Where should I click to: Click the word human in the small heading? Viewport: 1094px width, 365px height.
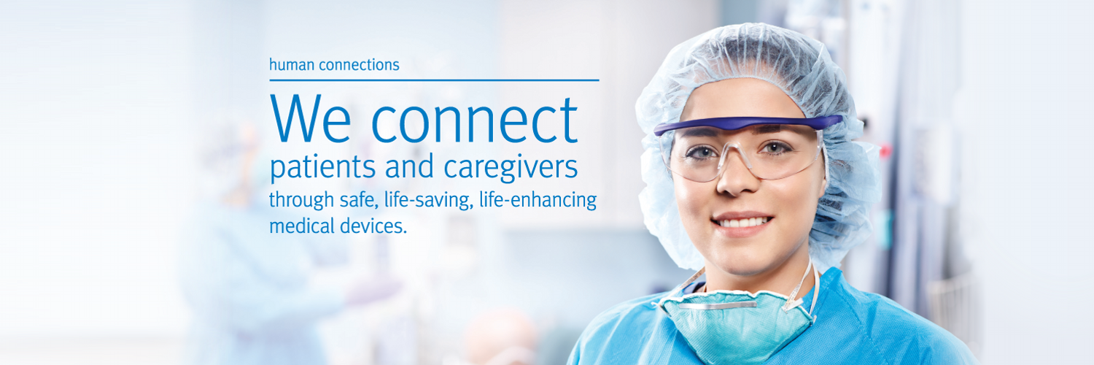(292, 64)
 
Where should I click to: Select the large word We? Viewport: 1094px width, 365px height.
(311, 118)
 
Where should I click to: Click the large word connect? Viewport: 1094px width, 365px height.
(475, 119)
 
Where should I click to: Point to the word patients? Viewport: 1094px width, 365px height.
(322, 168)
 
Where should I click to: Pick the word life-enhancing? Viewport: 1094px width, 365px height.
(538, 200)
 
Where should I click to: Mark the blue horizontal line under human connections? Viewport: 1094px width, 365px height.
(434, 80)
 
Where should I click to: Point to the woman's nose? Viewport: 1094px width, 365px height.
(737, 176)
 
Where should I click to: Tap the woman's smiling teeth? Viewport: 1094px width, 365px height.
(742, 223)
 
